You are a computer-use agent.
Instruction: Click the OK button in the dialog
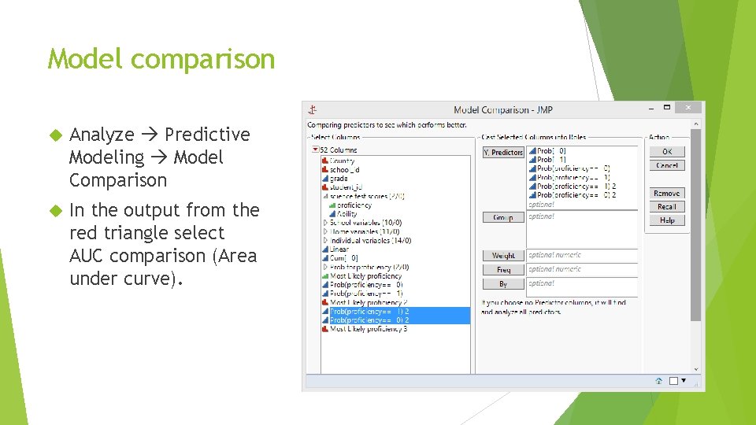coord(667,151)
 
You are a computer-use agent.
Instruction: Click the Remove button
coord(667,193)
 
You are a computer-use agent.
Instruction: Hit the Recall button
coord(667,206)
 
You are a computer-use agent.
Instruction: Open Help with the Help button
coord(667,220)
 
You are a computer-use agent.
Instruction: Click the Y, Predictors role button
coord(503,152)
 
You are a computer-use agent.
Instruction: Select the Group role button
coord(503,217)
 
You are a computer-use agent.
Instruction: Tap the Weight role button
coord(503,256)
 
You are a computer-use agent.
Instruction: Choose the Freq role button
coord(503,270)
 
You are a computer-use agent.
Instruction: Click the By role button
coord(503,283)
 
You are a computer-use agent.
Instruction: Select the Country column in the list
coord(343,161)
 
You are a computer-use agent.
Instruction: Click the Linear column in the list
coord(339,249)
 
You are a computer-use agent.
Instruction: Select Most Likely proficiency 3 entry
coord(368,329)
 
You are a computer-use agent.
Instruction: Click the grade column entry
coord(339,179)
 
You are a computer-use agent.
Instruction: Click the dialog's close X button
coord(687,107)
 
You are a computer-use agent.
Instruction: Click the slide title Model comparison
coord(161,59)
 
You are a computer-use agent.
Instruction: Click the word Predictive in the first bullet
coord(207,135)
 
